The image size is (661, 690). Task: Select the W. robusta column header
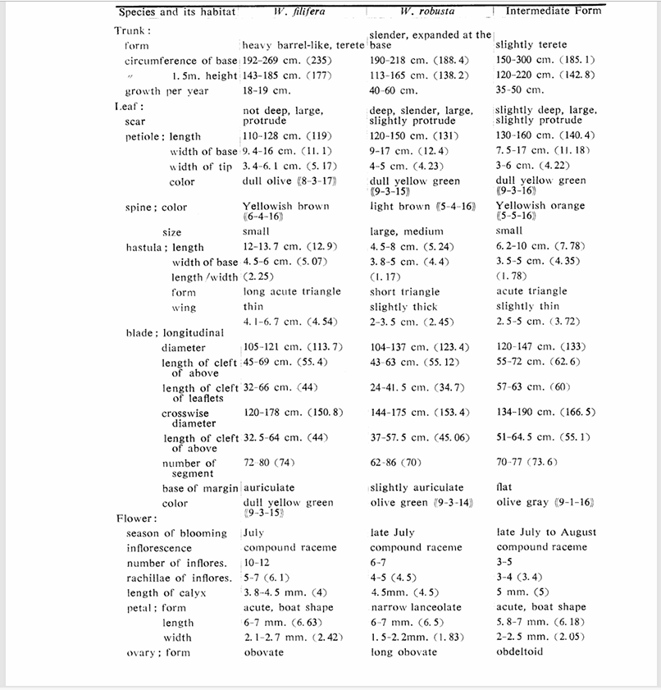pos(427,12)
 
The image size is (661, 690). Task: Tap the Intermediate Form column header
pos(553,11)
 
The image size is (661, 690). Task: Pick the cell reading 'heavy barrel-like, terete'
pos(303,46)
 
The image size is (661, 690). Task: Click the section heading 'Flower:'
pos(136,519)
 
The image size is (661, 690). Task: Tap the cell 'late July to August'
pos(545,532)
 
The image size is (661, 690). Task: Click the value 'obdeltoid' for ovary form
pos(520,652)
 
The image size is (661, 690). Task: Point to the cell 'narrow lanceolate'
pos(416,608)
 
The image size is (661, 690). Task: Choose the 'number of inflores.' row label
pos(176,563)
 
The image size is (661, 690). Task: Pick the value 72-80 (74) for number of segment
pos(271,463)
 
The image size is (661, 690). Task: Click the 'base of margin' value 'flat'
pos(504,487)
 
